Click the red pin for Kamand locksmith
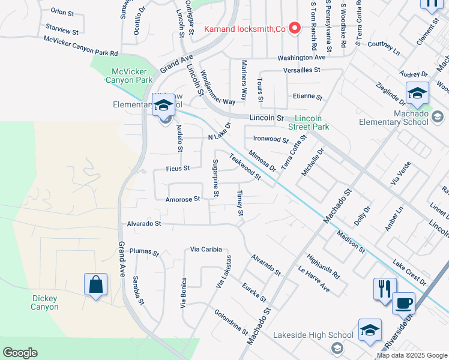295,28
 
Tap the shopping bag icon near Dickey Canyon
96,284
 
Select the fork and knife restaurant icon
384,288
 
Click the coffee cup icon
403,302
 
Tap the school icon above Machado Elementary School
417,92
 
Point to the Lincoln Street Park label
313,122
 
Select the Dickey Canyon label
45,302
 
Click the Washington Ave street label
301,58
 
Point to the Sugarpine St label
216,178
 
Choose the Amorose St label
183,199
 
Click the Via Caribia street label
206,249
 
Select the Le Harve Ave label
313,279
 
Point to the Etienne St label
308,97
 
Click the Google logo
20,353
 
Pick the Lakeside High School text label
313,335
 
